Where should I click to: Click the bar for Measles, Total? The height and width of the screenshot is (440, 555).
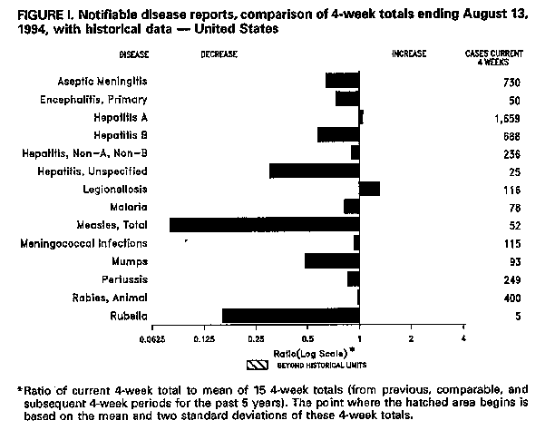coord(264,225)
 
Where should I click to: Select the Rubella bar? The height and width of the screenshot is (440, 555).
coord(290,316)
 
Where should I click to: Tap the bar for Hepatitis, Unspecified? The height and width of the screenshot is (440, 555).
coord(314,171)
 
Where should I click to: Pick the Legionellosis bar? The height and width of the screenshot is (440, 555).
coord(369,189)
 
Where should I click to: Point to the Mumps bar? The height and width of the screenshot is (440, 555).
coord(332,261)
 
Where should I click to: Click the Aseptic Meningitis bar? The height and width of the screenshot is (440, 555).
coord(342,80)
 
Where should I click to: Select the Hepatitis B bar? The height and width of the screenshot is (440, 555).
coord(338,134)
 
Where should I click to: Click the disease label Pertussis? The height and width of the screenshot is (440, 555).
coord(122,279)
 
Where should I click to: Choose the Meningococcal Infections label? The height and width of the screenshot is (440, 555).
coord(96,243)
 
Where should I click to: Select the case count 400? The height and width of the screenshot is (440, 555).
coord(511,298)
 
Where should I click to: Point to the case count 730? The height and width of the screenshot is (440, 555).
coord(511,80)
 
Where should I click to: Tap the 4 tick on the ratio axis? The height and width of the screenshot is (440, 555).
coord(464,339)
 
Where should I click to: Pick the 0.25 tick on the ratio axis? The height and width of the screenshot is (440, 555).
coord(258,339)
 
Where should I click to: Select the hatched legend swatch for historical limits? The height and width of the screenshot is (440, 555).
coord(258,364)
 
